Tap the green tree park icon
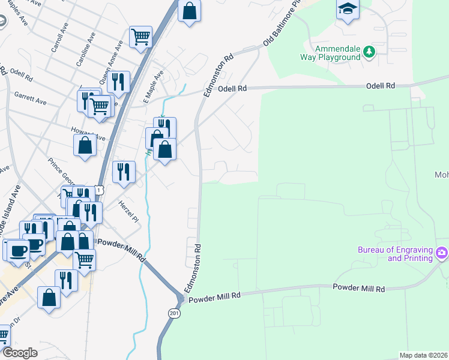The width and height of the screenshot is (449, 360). [x=370, y=53]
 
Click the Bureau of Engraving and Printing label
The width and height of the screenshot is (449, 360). [x=395, y=254]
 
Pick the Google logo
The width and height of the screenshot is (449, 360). [x=20, y=353]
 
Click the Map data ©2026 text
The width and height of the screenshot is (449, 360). [x=423, y=355]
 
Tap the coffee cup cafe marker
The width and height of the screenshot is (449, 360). [x=17, y=249]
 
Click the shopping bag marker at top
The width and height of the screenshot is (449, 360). [x=189, y=11]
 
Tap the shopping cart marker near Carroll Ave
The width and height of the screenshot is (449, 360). [x=141, y=37]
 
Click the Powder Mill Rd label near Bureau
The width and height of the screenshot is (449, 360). [x=359, y=289]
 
